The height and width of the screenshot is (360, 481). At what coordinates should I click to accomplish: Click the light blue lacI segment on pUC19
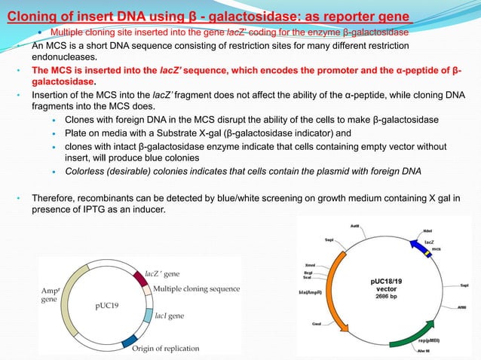(x=149, y=316)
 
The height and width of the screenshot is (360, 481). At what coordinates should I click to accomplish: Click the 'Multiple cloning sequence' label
(x=196, y=289)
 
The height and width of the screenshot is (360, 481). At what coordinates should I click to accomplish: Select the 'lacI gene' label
(x=170, y=317)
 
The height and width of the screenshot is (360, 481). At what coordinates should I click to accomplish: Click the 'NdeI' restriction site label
(x=427, y=230)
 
